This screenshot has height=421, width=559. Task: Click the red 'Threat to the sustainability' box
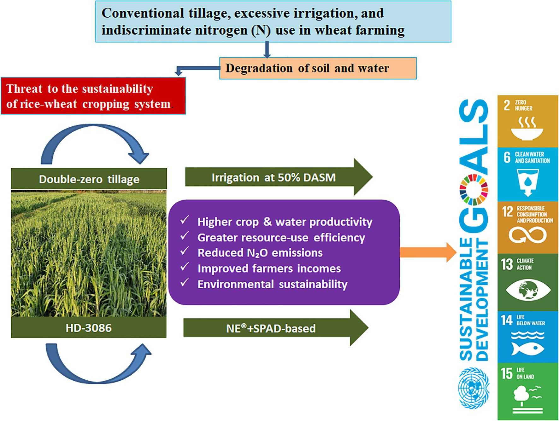point(93,96)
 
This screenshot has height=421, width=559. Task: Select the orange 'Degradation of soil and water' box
point(318,68)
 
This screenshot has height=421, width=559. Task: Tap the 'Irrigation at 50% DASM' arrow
point(278,177)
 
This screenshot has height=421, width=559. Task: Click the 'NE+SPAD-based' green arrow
point(274,328)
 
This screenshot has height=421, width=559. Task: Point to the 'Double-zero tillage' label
point(89,179)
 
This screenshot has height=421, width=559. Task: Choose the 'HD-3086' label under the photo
point(89,328)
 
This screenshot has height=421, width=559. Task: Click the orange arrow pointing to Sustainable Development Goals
point(427,252)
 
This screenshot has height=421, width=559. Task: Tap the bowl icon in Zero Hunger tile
point(527,129)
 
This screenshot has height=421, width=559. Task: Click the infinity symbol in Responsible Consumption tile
point(527,235)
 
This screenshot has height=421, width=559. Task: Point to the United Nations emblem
point(474,388)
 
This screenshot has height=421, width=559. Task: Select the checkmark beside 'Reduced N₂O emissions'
point(185,251)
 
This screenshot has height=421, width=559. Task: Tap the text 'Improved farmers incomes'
point(269,268)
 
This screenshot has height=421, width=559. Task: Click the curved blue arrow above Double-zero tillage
point(95,142)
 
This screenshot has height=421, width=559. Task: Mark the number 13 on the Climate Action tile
point(507,264)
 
